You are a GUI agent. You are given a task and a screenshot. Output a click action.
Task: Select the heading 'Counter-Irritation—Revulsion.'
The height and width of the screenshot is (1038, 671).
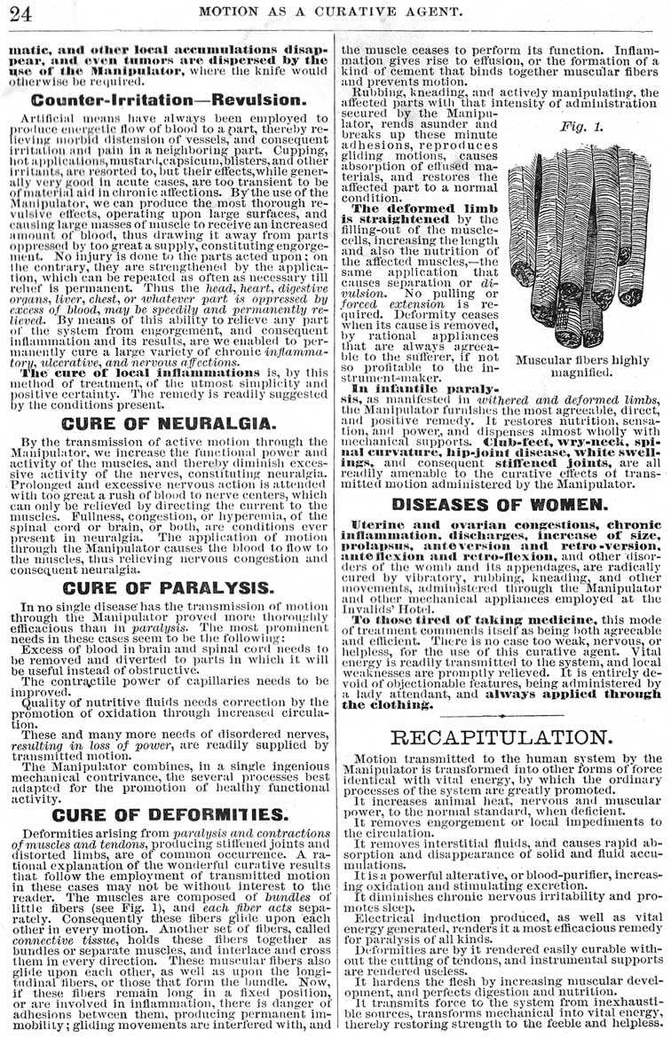click(x=169, y=100)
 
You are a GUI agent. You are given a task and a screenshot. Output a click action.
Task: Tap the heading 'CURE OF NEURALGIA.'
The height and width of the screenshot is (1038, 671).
click(x=169, y=424)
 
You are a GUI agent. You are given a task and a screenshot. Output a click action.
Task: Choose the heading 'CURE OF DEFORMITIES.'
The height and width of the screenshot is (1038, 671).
click(x=169, y=814)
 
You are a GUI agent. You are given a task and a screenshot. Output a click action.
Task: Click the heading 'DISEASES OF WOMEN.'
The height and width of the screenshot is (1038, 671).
click(x=500, y=504)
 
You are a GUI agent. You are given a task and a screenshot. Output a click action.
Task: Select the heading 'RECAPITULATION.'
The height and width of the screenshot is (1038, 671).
click(x=501, y=737)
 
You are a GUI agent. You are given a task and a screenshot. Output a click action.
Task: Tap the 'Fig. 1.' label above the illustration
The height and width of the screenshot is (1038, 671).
click(x=580, y=126)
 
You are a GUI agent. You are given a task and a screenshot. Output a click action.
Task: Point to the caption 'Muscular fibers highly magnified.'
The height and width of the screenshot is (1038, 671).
click(x=582, y=366)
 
